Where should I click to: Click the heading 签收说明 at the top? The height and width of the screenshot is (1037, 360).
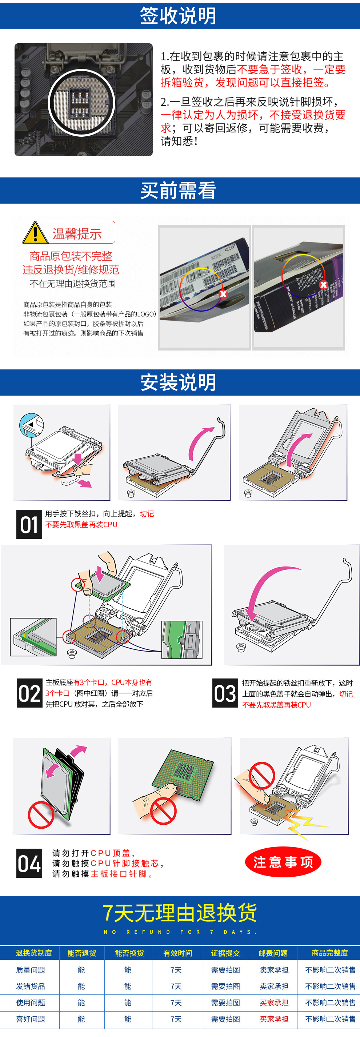(178, 16)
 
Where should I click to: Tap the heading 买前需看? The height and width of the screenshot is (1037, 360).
(178, 191)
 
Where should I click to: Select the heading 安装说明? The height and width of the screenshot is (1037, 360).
(178, 382)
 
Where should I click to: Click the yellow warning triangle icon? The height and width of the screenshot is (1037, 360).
(35, 233)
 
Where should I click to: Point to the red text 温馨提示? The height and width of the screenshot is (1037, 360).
(77, 233)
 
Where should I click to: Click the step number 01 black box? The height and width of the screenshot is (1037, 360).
(29, 524)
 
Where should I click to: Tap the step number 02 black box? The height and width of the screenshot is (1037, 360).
(29, 693)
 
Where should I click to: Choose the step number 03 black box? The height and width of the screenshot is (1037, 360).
(225, 693)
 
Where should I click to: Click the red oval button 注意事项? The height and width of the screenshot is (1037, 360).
(283, 862)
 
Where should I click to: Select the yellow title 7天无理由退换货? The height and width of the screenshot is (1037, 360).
(180, 913)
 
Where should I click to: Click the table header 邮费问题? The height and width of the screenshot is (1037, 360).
(273, 953)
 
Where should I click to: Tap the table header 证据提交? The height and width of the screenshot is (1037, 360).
(225, 953)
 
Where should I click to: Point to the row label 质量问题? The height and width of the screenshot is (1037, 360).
(31, 970)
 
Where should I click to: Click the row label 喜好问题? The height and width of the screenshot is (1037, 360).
(31, 1019)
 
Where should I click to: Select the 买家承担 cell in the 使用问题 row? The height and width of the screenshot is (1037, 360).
(274, 1002)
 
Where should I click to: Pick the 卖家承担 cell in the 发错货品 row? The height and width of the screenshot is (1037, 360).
(274, 986)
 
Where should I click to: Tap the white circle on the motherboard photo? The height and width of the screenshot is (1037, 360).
(82, 103)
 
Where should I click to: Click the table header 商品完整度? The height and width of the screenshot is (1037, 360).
(329, 953)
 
